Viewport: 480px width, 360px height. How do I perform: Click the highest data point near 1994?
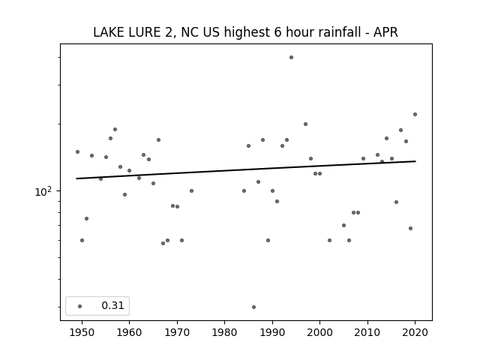pyautogui.click(x=291, y=57)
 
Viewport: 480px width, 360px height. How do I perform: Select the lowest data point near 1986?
pyautogui.click(x=253, y=307)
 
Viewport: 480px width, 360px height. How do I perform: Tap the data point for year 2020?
pyautogui.click(x=415, y=115)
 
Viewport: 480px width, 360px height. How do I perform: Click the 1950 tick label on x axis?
pyautogui.click(x=82, y=333)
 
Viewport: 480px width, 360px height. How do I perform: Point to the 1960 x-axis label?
pyautogui.click(x=129, y=333)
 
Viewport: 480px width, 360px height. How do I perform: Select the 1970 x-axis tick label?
pyautogui.click(x=177, y=333)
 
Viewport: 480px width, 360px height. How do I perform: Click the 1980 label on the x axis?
pyautogui.click(x=224, y=333)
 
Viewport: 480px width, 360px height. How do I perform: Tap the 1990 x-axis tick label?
pyautogui.click(x=272, y=333)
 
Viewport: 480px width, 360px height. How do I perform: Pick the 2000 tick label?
pyautogui.click(x=319, y=333)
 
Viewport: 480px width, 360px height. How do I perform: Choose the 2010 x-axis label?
pyautogui.click(x=367, y=333)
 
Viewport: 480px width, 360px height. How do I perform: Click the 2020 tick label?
pyautogui.click(x=415, y=333)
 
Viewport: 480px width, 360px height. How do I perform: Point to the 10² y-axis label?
pyautogui.click(x=43, y=192)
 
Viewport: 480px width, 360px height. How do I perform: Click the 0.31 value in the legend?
pyautogui.click(x=112, y=305)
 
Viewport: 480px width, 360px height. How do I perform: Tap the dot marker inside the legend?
pyautogui.click(x=79, y=306)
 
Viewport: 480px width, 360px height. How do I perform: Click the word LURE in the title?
pyautogui.click(x=145, y=32)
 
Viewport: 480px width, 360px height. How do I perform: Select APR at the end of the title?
pyautogui.click(x=385, y=32)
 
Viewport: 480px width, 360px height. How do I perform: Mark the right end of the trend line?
pyautogui.click(x=415, y=161)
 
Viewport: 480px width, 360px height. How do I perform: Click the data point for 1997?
pyautogui.click(x=305, y=124)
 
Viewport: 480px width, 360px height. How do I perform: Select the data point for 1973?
pyautogui.click(x=191, y=191)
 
